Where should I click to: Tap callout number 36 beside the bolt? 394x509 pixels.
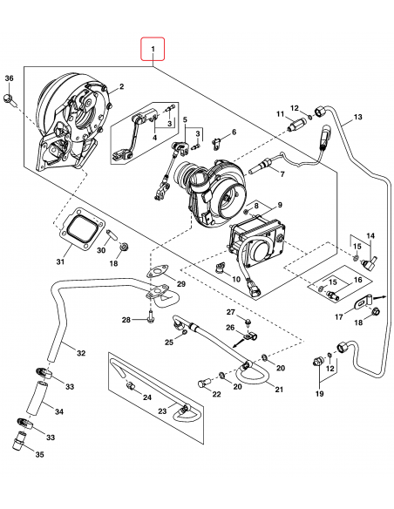9,80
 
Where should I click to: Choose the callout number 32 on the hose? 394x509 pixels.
80,353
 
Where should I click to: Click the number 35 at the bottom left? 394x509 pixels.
37,454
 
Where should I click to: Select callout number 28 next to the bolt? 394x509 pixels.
126,321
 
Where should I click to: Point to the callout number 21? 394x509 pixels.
279,389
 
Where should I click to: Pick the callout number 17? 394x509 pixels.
339,316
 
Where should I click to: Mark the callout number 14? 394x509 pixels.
370,237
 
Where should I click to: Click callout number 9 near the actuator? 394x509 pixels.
280,205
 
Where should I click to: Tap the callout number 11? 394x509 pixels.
281,114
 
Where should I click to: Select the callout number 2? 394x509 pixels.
121,86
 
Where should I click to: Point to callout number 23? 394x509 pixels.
162,411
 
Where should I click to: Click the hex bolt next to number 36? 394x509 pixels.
9,99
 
